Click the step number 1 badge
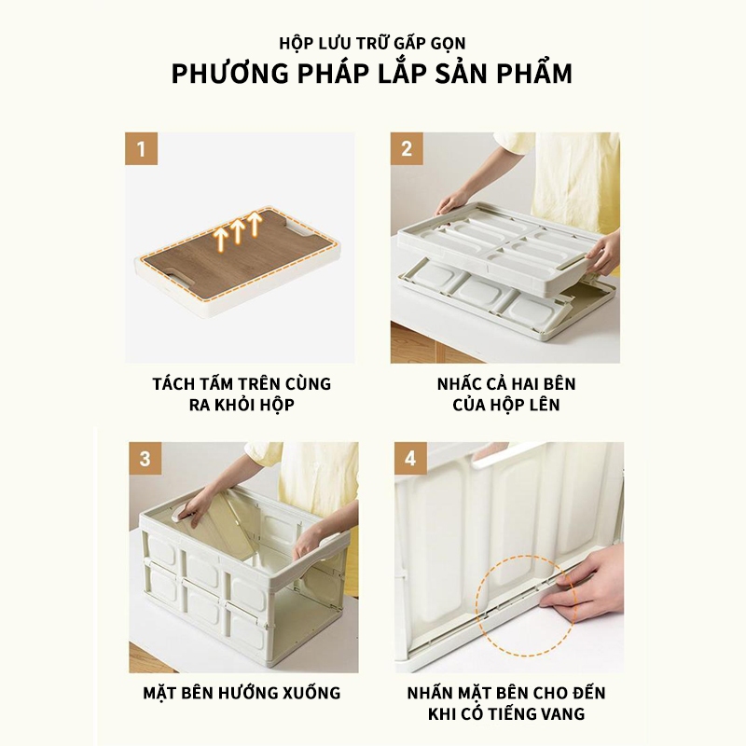142,148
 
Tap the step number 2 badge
407,148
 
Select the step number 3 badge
144,458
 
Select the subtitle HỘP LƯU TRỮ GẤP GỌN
372,43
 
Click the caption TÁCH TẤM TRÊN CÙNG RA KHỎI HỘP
242,394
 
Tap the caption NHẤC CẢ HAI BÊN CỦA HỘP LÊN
505,394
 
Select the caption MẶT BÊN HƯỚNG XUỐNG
242,693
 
